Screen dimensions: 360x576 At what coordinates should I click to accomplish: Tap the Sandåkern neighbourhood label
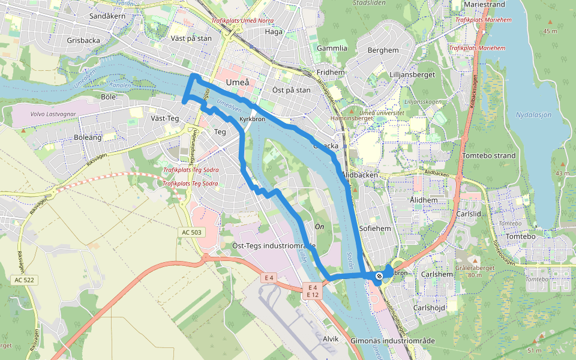click(107, 16)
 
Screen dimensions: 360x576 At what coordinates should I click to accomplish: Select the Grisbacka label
click(83, 40)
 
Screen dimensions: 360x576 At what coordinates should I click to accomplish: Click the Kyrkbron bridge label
click(252, 119)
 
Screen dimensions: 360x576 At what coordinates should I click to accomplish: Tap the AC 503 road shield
click(191, 232)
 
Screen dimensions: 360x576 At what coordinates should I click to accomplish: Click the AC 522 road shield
click(25, 280)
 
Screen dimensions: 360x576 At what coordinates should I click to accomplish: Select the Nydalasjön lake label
click(533, 115)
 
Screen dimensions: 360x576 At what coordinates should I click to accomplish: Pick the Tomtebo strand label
click(489, 156)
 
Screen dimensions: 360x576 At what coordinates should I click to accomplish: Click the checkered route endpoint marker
click(379, 276)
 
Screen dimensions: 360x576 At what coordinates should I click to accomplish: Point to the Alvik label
click(331, 339)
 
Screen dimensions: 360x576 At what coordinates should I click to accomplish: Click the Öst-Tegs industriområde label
click(274, 245)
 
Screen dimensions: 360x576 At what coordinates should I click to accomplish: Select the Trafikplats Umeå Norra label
click(235, 21)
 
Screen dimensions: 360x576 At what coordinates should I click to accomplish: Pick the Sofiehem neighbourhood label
click(375, 229)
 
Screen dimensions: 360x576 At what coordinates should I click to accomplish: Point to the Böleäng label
click(88, 137)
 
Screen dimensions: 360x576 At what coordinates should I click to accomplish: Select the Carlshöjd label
click(430, 307)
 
